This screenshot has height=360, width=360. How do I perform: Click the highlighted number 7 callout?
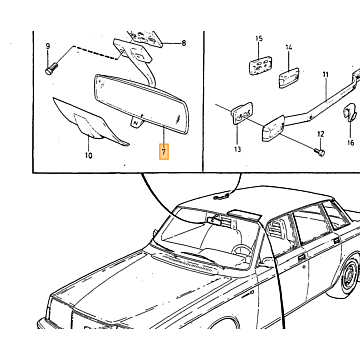pos(164,152)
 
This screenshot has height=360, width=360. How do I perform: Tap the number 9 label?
pos(47,46)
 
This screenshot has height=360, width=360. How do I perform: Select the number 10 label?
pos(88,155)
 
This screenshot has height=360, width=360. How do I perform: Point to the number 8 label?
pos(183,43)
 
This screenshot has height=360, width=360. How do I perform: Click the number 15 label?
pos(259,39)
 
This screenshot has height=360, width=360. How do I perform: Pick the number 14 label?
pos(289,47)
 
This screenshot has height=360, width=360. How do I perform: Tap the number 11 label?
pos(325,75)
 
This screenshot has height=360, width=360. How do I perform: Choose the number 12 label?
pos(321,134)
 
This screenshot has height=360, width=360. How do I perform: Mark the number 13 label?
pos(237,150)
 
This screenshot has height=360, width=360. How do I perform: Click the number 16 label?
pos(350,143)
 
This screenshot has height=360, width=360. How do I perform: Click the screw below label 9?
pos(51,69)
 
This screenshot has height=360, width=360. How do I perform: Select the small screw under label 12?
pos(320,153)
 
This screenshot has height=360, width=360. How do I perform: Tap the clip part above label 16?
pos(350,111)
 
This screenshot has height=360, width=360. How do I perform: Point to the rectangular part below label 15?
pos(260,66)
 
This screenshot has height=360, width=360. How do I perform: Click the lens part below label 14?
pos(289,78)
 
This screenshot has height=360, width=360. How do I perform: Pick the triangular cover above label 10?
pos(89,121)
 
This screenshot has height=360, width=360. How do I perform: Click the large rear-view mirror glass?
pos(142,104)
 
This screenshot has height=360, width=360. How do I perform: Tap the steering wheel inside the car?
pos(241,250)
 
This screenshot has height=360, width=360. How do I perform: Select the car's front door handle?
pos(302,257)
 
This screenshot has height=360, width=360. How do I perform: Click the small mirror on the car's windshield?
pos(213,220)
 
